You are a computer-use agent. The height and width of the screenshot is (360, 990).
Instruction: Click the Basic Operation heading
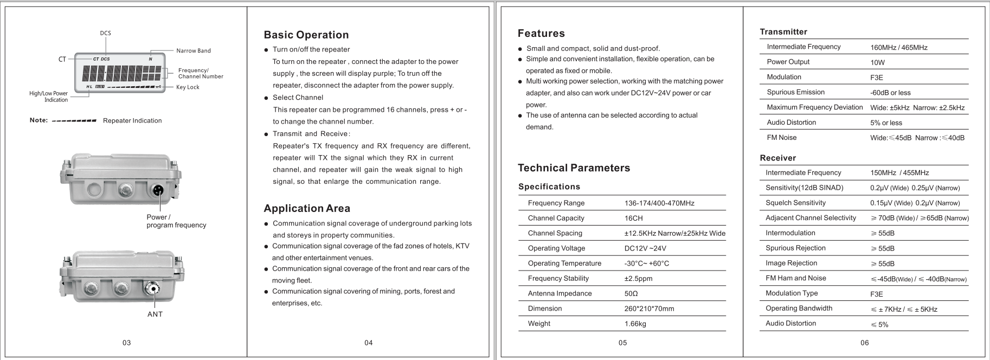tap(306, 35)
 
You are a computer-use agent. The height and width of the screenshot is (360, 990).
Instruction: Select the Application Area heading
tap(307, 209)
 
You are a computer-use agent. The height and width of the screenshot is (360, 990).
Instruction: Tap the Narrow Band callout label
tap(194, 51)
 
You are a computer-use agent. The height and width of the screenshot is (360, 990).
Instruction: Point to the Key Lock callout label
tap(188, 87)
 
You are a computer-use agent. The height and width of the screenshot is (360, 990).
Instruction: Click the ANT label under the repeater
tap(155, 314)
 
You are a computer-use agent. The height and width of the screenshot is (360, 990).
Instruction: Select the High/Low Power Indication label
tap(49, 97)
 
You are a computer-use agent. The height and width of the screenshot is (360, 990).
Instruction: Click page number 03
tap(126, 343)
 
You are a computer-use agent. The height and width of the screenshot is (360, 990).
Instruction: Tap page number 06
tap(864, 343)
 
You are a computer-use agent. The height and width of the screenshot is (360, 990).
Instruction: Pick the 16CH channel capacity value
tap(633, 218)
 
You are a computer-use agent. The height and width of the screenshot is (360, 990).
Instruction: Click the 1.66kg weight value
tap(635, 324)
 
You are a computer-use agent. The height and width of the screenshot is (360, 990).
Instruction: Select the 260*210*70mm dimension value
tap(649, 309)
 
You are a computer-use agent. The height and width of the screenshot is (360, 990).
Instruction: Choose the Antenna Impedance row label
tap(560, 294)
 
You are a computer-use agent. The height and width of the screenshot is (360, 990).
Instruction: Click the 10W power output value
tap(877, 62)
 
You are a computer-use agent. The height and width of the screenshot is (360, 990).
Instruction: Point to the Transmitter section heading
tap(783, 32)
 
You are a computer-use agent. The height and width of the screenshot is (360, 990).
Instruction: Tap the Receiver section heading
tap(777, 158)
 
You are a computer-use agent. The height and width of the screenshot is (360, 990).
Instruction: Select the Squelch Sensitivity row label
tap(795, 203)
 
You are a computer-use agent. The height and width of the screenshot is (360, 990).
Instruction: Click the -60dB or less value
tap(890, 93)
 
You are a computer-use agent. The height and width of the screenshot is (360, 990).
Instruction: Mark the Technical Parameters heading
tap(574, 168)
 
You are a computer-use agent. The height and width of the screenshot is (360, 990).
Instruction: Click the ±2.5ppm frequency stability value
tap(638, 279)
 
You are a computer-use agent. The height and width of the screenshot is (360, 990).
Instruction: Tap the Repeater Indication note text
tap(132, 121)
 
